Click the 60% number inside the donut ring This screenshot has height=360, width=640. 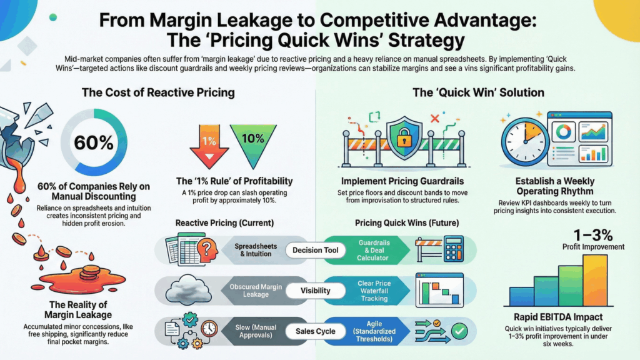(x=94, y=142)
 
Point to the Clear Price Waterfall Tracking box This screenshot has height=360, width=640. (x=374, y=290)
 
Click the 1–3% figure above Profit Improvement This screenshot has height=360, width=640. (x=592, y=235)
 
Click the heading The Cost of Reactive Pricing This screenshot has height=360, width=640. (x=158, y=93)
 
